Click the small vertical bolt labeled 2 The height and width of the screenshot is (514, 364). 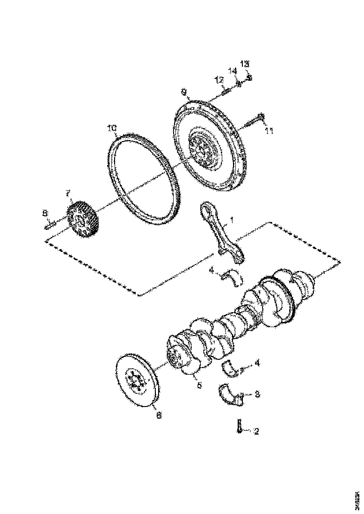[239, 426]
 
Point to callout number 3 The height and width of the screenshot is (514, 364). [256, 394]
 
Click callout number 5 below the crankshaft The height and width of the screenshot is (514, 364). [199, 386]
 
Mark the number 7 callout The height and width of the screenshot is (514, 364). [68, 193]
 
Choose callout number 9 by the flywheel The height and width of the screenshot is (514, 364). [184, 92]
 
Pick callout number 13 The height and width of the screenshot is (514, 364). [245, 64]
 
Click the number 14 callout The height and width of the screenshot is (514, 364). [232, 71]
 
